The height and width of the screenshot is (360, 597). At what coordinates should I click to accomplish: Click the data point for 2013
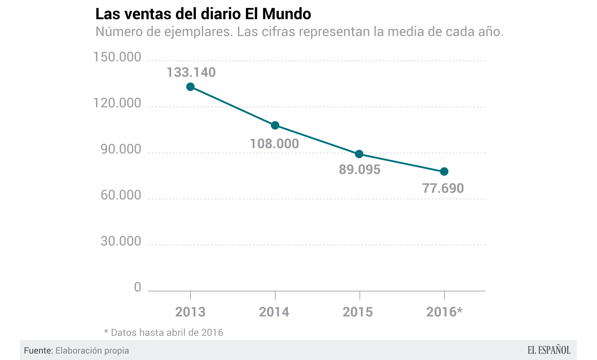click(190, 87)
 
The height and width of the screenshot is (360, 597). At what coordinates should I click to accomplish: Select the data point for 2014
click(275, 125)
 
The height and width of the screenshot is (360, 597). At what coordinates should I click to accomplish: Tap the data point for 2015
click(359, 154)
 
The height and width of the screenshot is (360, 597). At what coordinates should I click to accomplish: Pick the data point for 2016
click(444, 171)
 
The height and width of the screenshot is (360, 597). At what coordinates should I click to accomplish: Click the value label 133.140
click(191, 72)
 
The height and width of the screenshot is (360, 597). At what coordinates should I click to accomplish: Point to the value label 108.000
click(274, 144)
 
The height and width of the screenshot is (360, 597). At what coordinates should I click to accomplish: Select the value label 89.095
click(359, 170)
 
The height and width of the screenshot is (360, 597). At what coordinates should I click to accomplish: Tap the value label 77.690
click(443, 188)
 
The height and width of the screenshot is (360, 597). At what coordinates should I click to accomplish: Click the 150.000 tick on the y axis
click(117, 57)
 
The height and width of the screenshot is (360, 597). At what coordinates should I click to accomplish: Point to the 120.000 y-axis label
click(117, 103)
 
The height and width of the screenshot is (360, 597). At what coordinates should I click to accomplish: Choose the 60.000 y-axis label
click(121, 195)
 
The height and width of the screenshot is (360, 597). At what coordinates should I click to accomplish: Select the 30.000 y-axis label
click(121, 241)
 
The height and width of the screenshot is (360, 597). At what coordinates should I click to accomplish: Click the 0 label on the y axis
click(138, 287)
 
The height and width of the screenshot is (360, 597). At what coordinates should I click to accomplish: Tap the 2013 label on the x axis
click(190, 312)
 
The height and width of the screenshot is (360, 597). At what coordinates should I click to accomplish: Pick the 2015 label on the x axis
click(358, 312)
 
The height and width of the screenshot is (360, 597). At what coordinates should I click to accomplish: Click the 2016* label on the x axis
click(444, 312)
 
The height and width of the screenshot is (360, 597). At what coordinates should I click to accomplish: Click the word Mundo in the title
click(287, 14)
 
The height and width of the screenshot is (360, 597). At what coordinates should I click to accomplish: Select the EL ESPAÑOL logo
click(549, 350)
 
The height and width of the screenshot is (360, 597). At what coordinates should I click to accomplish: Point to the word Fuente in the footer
click(38, 351)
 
